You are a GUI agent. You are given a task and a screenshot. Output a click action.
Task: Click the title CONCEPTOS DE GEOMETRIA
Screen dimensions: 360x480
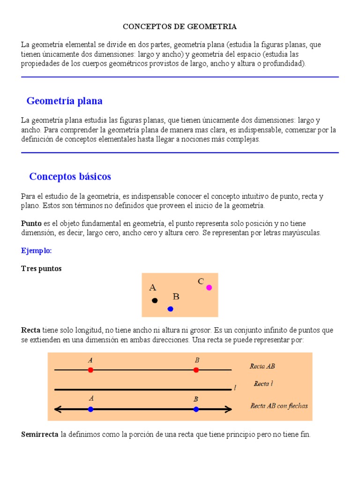(x=180, y=27)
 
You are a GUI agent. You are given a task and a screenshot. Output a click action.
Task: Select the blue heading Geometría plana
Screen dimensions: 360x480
(x=65, y=101)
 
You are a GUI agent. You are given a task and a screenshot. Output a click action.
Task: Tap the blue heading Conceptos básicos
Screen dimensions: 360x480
(x=70, y=177)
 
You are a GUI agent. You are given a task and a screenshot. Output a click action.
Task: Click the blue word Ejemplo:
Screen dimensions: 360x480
(x=37, y=251)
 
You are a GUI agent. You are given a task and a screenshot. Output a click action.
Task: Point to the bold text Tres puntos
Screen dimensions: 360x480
(x=41, y=269)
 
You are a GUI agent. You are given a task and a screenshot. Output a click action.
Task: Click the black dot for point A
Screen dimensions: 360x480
(x=155, y=300)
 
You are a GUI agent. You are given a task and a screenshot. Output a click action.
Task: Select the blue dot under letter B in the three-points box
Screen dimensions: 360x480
(x=170, y=308)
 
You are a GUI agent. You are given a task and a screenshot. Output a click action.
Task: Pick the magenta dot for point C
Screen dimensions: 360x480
(x=209, y=287)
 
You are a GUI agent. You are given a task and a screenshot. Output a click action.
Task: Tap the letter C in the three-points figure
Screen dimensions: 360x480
(x=201, y=281)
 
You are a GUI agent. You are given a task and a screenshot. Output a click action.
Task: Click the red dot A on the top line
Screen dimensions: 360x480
(x=90, y=370)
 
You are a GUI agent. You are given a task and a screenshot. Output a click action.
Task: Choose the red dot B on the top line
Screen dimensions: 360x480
(x=196, y=370)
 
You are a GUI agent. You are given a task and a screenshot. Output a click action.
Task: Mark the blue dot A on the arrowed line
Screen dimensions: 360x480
(x=90, y=409)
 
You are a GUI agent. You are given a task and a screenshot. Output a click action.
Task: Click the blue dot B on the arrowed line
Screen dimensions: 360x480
(x=196, y=409)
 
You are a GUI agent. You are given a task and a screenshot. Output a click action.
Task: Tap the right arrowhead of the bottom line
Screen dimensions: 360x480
(x=229, y=409)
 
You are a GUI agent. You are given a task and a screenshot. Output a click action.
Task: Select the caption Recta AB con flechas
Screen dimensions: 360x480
(x=279, y=405)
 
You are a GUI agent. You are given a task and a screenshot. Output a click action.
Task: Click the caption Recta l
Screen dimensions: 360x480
(x=263, y=383)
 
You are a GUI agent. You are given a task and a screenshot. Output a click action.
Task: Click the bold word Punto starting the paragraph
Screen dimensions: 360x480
(x=31, y=224)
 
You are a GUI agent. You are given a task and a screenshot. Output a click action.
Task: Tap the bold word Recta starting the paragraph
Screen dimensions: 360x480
(x=31, y=330)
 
